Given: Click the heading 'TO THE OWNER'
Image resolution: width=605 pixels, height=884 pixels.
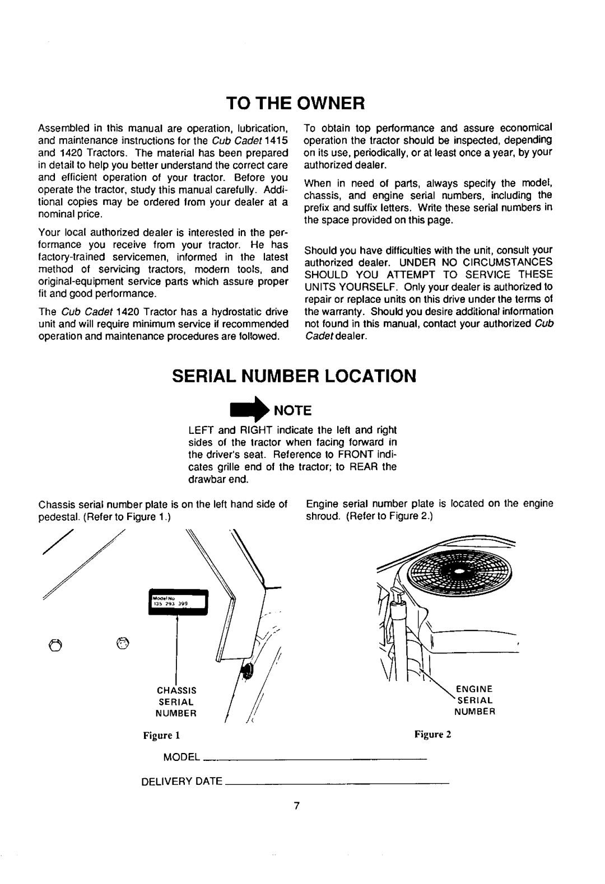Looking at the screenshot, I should pyautogui.click(x=302, y=103).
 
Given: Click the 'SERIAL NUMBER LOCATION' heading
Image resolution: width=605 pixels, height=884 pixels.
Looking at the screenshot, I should pyautogui.click(x=302, y=376).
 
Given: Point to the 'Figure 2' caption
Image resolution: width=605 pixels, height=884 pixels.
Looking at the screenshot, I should pyautogui.click(x=440, y=735).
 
